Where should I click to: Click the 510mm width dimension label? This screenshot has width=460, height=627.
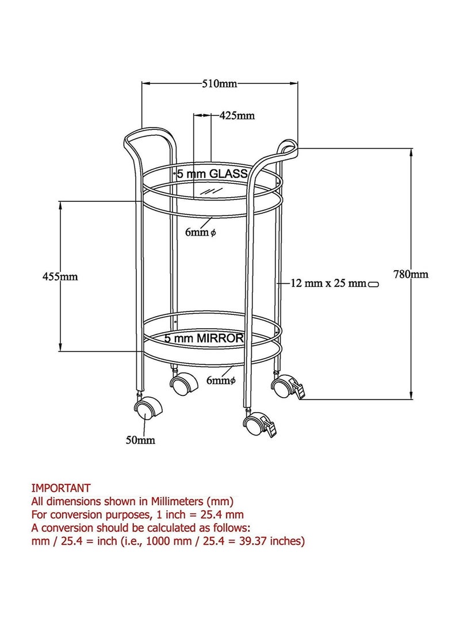coord(219,83)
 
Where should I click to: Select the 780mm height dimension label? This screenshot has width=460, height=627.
coord(411,274)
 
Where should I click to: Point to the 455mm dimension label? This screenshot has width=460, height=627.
coord(60,276)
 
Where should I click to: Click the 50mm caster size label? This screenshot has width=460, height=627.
coord(140,440)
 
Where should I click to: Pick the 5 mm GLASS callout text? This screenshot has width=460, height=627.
coord(212,174)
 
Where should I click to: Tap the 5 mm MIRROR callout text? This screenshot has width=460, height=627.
coord(204,338)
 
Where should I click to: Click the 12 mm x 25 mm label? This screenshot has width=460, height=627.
coord(328,283)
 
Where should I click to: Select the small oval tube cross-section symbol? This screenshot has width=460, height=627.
coord(373,284)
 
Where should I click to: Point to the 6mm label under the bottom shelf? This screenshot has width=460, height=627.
coord(221,380)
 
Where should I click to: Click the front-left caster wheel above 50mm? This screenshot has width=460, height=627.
coord(148,408)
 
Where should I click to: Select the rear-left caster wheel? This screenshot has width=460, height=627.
coord(183,384)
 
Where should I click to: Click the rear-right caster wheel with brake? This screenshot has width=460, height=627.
coord(287,386)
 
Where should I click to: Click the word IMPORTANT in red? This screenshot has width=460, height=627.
coord(61,488)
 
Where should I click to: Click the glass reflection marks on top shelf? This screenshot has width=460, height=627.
coord(211,191)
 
